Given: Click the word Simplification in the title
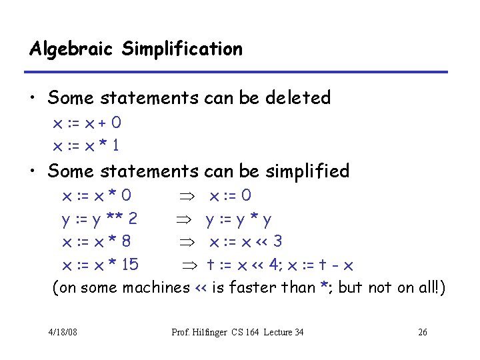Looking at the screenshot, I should pos(182,49).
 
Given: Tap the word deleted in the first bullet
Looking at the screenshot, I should pos(298,98).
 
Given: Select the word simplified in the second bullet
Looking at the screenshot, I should pos(307,171).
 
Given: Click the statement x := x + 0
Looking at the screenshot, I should pos(87,123).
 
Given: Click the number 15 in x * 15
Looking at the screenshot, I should pos(130,265).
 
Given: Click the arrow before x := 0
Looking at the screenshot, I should pos(188,196).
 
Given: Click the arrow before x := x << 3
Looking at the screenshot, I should pos(188,242).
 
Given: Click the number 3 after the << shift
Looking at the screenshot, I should pos(277,241).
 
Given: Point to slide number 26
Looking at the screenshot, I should pos(422,333).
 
